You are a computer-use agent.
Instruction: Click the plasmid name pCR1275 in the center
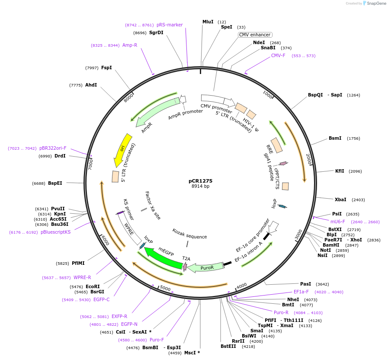tap(200, 181)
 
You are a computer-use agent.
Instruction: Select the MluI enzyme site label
tap(208, 22)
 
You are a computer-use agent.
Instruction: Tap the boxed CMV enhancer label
tap(255, 35)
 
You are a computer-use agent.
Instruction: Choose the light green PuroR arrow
tap(206, 267)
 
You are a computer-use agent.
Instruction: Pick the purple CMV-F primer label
tap(278, 55)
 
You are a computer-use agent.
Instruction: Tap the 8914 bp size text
tap(200, 186)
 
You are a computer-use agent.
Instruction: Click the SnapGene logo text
tap(374, 3)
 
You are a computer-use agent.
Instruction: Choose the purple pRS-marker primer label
tap(170, 25)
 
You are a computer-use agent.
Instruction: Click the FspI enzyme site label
tap(106, 67)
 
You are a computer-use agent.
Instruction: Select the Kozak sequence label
tap(189, 237)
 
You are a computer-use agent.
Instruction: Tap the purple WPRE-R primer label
tap(82, 277)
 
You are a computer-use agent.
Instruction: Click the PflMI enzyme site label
tap(78, 263)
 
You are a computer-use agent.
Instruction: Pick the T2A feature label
tap(186, 259)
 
